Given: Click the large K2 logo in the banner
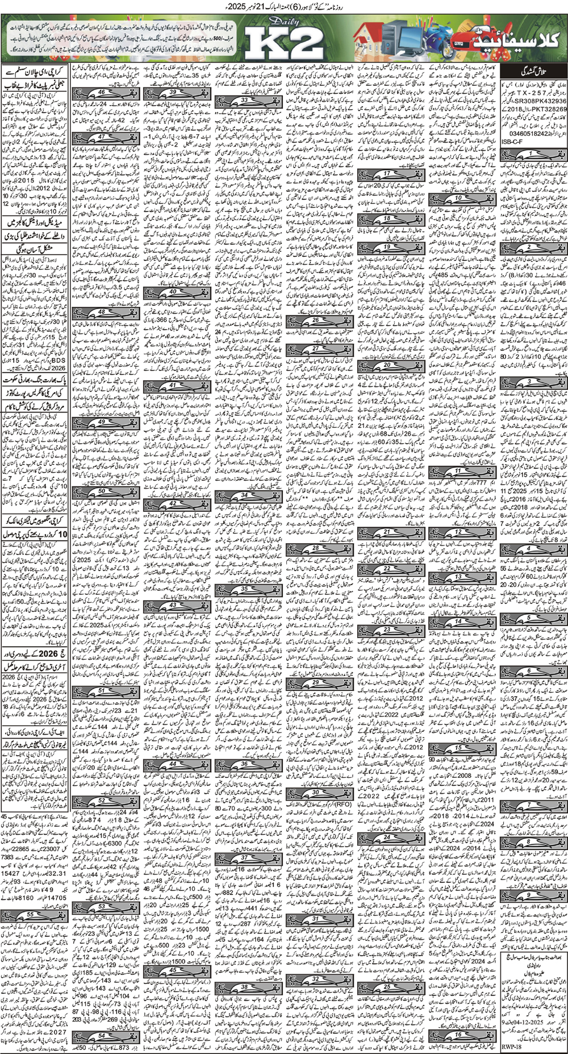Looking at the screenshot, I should pos(283,42).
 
